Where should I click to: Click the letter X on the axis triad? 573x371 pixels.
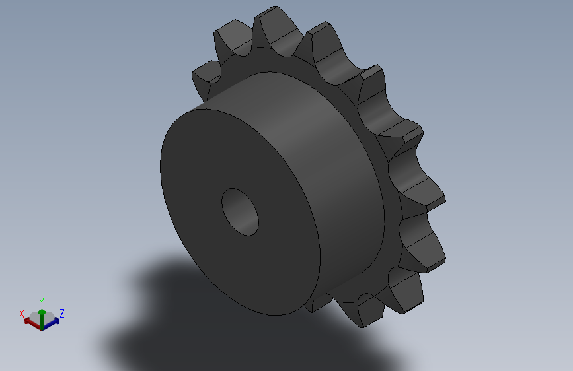22,314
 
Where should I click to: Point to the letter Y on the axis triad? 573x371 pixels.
41,301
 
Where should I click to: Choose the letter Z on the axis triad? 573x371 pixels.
61,313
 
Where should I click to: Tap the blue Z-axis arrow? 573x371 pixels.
52,321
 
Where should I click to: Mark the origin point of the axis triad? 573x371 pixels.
42,326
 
